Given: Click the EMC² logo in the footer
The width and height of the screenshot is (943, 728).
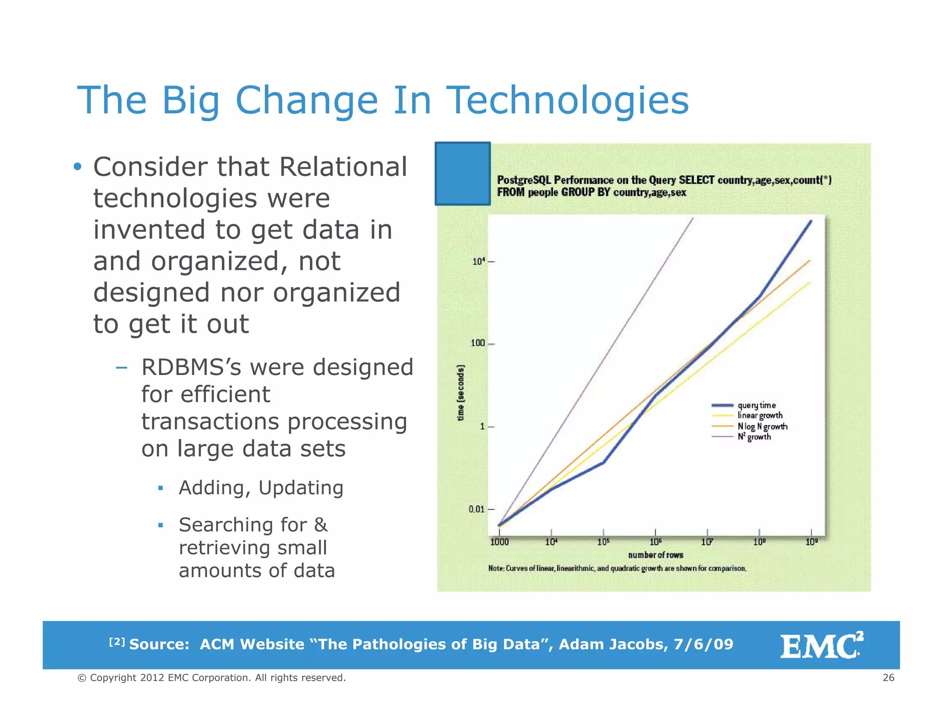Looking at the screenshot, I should (x=821, y=646).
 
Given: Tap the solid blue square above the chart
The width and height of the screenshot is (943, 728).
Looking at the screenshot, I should (x=462, y=173).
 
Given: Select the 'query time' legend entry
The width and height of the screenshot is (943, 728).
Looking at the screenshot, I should (x=756, y=405).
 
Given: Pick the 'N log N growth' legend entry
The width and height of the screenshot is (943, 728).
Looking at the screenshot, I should (x=762, y=427).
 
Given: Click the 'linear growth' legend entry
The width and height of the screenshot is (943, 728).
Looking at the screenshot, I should (x=760, y=416).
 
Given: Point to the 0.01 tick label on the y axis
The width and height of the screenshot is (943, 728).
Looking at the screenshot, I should (x=477, y=509).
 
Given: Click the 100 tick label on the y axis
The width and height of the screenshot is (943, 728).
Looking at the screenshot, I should (x=477, y=343).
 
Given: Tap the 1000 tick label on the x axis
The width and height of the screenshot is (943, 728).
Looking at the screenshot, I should (x=499, y=542).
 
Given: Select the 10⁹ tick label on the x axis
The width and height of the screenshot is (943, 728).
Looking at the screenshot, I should (x=811, y=542).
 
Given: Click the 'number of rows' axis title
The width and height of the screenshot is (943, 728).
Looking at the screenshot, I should (x=655, y=555).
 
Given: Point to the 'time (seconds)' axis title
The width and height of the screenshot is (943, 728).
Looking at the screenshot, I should (x=460, y=393).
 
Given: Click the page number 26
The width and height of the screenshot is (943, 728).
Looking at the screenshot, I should (x=888, y=678).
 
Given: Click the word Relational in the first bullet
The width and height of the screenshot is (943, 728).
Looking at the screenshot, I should (x=343, y=167).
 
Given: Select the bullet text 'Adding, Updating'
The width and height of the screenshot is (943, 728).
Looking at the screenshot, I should (x=261, y=488).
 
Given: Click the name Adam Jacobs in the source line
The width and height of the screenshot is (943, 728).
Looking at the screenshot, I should (x=613, y=644).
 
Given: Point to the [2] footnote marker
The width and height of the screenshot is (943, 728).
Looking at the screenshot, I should (x=117, y=641).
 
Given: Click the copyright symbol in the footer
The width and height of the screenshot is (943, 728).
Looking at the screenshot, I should (x=82, y=678).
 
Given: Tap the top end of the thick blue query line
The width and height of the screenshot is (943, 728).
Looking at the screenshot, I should (x=811, y=221).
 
